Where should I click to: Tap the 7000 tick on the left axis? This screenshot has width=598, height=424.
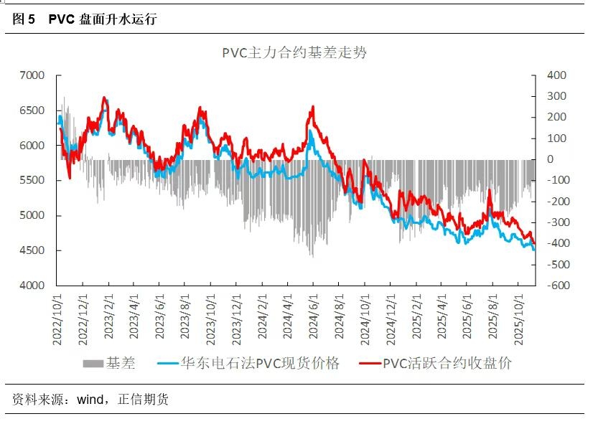(32, 75)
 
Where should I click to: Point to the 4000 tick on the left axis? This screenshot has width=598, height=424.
(32, 286)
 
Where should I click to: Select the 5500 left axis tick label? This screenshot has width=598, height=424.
(32, 181)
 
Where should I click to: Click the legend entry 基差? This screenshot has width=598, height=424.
(121, 363)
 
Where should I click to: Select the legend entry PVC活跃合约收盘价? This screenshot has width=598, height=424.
(447, 363)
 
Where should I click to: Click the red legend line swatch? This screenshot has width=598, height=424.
(369, 363)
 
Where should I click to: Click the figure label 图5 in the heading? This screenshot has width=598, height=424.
(24, 19)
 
